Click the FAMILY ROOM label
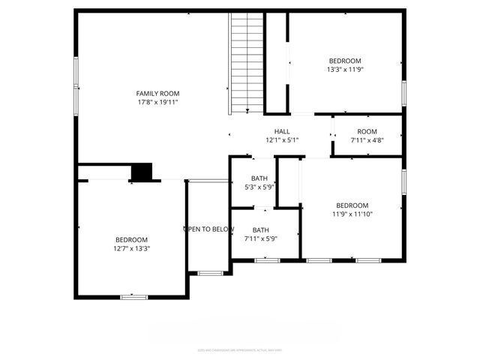[157, 93]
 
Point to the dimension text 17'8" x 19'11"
[157, 102]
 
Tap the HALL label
[282, 130]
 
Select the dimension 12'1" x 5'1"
[282, 139]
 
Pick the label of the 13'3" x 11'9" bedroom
[345, 61]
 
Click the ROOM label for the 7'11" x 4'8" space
[367, 130]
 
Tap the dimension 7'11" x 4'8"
[367, 139]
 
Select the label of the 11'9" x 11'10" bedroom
[352, 205]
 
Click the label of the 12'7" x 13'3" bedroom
[131, 239]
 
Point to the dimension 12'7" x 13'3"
[131, 248]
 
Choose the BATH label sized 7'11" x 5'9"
[260, 230]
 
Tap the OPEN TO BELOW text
[209, 229]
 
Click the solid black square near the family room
[141, 172]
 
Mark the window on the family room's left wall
[76, 82]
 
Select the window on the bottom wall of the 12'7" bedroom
[133, 297]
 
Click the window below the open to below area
[210, 272]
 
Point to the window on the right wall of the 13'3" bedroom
[403, 91]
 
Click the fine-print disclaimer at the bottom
[239, 349]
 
